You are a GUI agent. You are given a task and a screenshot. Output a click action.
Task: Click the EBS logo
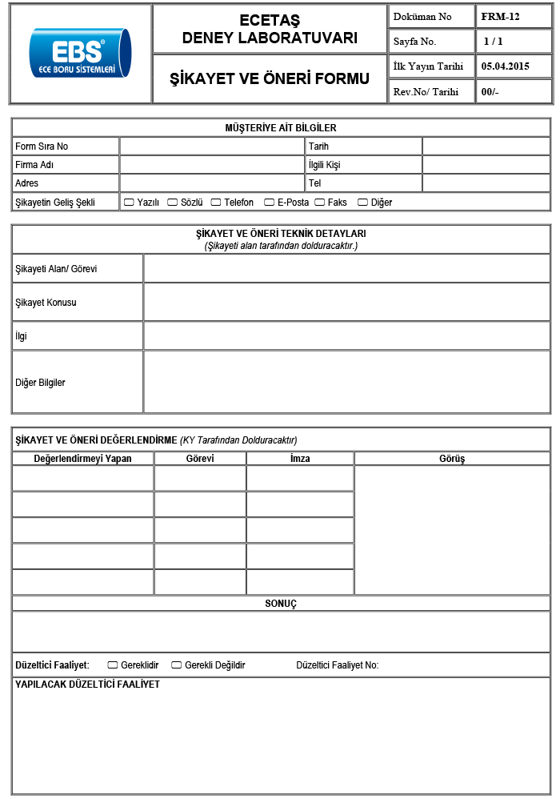(79, 53)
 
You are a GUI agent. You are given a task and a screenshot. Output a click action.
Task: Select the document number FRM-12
(500, 16)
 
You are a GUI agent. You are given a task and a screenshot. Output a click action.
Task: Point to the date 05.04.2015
(506, 66)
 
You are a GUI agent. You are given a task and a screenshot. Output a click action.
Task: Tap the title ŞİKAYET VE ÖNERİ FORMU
(270, 78)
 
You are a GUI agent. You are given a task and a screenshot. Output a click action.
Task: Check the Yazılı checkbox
(129, 203)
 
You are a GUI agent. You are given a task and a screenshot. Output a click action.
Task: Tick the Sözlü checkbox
(172, 203)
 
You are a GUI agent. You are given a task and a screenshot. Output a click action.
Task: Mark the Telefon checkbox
(215, 203)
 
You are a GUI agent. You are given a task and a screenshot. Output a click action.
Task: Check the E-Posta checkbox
(269, 203)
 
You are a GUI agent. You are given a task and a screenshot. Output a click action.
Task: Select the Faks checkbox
(319, 203)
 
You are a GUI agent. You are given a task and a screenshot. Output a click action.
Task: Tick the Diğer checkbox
(362, 203)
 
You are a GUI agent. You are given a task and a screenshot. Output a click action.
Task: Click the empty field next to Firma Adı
(211, 165)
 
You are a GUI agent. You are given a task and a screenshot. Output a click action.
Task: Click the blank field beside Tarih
(486, 147)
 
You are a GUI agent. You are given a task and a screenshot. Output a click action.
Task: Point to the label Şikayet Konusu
(46, 303)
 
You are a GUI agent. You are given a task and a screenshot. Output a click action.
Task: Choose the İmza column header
(300, 459)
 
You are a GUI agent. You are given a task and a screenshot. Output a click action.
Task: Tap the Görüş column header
(452, 459)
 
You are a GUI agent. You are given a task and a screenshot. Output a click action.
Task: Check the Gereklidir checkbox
(113, 665)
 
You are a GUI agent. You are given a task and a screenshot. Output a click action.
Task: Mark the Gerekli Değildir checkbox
(177, 665)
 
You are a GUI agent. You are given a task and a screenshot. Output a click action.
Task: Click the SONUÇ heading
(281, 604)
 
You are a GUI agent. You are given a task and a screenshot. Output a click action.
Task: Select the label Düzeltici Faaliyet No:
(338, 665)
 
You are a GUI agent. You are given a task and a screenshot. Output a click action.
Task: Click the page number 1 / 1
(494, 41)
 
